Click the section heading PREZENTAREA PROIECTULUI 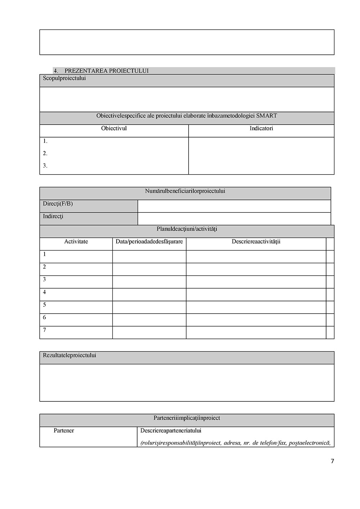coord(106,71)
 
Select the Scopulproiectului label coord(64,78)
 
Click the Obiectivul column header coord(114,129)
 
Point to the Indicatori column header coord(261,129)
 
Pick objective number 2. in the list coord(45,153)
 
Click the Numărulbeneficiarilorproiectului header coord(185,191)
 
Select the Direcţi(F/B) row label coord(58,204)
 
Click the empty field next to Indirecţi coord(234,219)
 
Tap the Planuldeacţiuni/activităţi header coord(187,229)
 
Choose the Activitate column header coord(76,242)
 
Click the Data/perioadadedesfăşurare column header coord(149,242)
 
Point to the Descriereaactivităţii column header coord(256,242)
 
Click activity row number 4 coord(45,292)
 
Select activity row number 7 coord(45,330)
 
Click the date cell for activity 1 coord(149,256)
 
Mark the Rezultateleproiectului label coord(69,355)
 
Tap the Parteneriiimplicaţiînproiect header coord(187,418)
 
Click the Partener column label coord(64,431)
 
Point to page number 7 coord(332,461)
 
